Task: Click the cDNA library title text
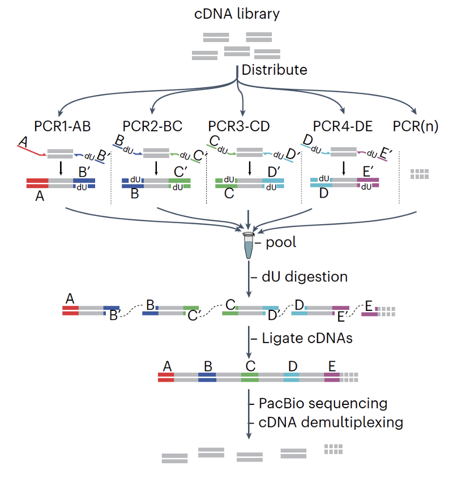pyautogui.click(x=237, y=14)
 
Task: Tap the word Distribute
pyautogui.click(x=274, y=70)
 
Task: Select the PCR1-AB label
pyautogui.click(x=62, y=126)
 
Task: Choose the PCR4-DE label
pyautogui.click(x=343, y=126)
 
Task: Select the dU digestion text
pyautogui.click(x=304, y=277)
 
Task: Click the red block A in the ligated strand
pyautogui.click(x=166, y=378)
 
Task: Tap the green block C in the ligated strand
pyautogui.click(x=249, y=378)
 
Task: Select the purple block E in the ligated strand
pyautogui.click(x=332, y=378)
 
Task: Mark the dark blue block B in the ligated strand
pyautogui.click(x=207, y=378)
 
